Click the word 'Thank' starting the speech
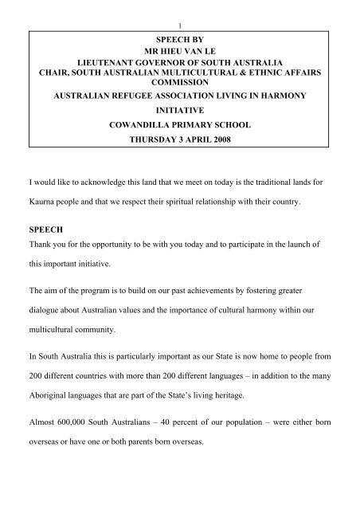(x=42, y=269)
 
